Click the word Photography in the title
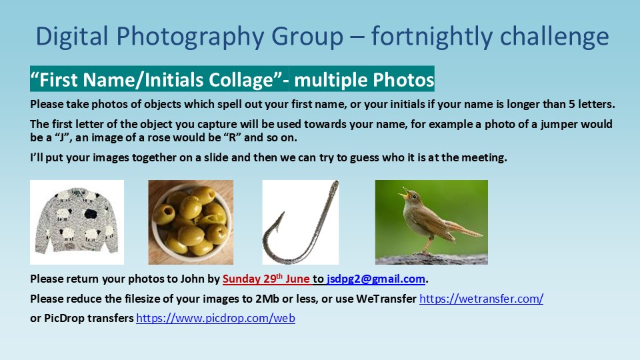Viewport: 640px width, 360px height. [190, 37]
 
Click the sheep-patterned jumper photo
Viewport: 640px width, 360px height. [77, 223]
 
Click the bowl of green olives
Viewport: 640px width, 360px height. [191, 222]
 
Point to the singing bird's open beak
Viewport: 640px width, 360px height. [404, 193]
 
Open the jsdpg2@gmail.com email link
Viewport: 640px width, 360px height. [376, 279]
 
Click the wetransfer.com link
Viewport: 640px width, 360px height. [481, 299]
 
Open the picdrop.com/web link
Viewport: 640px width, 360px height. [215, 318]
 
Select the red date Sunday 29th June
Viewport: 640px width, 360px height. [266, 279]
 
